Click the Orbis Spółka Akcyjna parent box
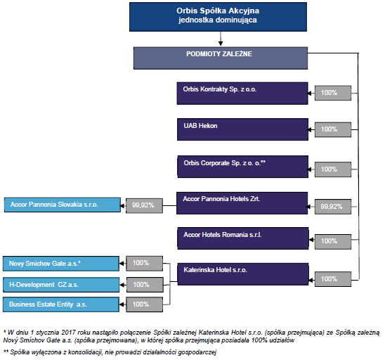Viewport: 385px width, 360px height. click(218, 17)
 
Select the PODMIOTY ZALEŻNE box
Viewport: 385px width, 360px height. click(221, 58)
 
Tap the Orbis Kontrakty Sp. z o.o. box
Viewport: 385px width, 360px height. click(242, 94)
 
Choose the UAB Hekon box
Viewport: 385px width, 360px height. click(242, 129)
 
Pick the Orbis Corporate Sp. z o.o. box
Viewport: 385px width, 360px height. click(243, 167)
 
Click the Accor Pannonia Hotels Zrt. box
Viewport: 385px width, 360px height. click(242, 203)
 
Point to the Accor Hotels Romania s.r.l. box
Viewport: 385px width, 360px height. click(243, 238)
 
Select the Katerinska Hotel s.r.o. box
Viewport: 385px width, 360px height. click(243, 274)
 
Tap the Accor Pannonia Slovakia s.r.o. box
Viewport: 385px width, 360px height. click(63, 205)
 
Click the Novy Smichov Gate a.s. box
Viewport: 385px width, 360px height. click(61, 264)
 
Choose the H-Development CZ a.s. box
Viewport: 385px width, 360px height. click(61, 285)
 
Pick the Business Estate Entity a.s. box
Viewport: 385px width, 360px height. click(61, 304)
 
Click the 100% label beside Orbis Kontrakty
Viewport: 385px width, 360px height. click(333, 93)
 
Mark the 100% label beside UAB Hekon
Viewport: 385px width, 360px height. click(333, 129)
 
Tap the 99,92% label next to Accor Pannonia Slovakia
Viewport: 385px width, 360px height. click(145, 206)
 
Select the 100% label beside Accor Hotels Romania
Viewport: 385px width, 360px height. click(333, 242)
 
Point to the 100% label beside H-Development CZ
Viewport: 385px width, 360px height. click(145, 285)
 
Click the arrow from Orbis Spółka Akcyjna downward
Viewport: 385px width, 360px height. click(221, 39)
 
